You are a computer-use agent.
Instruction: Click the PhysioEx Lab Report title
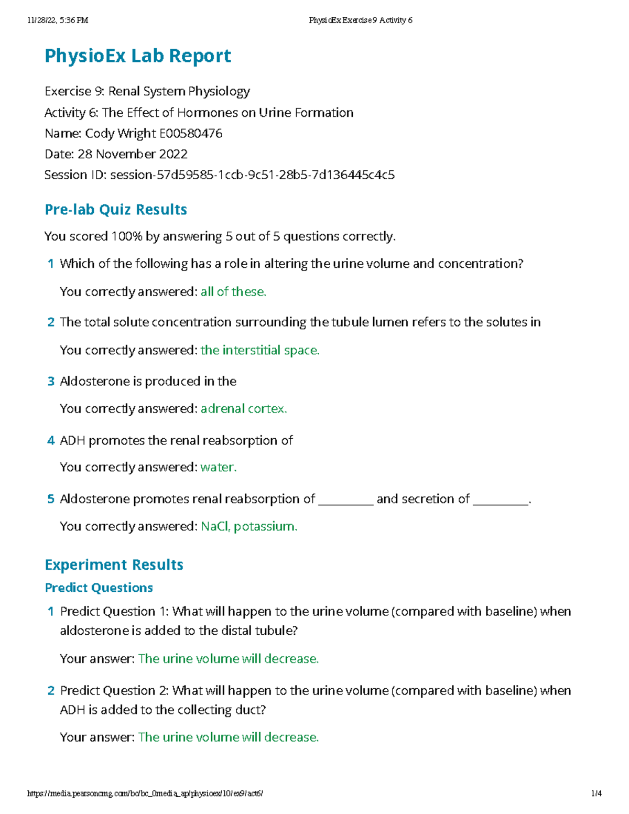[138, 56]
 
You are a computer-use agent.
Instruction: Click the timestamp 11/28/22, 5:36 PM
[58, 20]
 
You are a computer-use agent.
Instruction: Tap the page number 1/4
[596, 794]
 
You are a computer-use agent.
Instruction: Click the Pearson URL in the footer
[145, 794]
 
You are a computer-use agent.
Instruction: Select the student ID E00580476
[191, 134]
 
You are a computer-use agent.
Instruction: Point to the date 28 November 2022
[132, 154]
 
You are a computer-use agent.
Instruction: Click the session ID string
[252, 175]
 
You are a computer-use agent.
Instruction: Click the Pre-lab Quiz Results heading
[116, 210]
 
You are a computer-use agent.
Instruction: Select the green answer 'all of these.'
[233, 292]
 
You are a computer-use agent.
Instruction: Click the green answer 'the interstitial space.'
[260, 350]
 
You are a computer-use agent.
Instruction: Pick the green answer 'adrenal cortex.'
[244, 409]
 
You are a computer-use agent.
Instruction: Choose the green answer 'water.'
[219, 467]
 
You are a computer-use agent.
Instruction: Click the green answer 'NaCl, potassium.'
[249, 526]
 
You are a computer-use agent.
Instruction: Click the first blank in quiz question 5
[345, 500]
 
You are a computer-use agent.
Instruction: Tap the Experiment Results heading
[114, 565]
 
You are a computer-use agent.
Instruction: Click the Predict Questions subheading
[99, 588]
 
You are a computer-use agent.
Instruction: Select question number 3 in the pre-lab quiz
[51, 382]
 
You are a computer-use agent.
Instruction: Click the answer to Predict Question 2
[229, 737]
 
